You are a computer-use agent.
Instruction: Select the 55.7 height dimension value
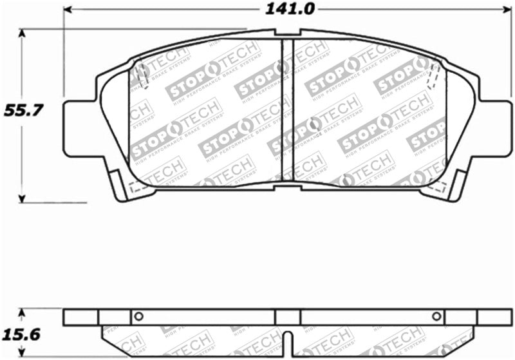(24, 110)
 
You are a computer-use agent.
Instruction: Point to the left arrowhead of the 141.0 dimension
(69, 10)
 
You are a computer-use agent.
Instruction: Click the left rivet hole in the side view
(137, 316)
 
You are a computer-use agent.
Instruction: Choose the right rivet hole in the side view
(436, 316)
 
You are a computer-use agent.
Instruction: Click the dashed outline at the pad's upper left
(142, 75)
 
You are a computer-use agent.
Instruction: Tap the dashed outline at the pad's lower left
(136, 187)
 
